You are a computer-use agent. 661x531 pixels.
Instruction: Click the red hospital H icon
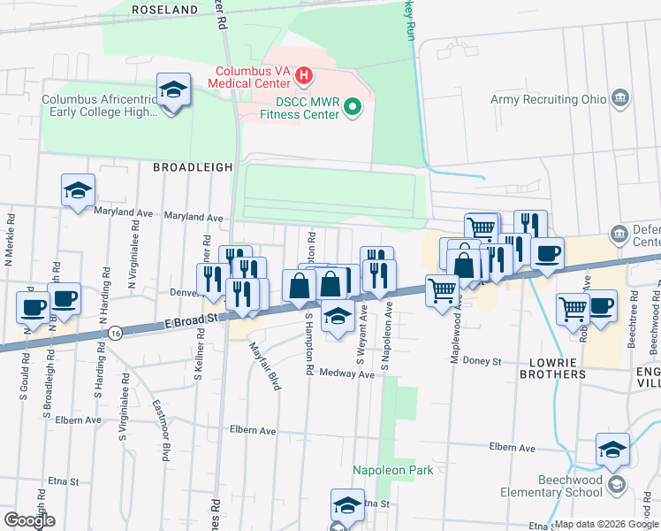click(x=303, y=75)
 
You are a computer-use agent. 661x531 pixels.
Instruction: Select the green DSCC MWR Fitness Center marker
click(x=352, y=108)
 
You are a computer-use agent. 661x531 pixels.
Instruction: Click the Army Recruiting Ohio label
click(x=549, y=99)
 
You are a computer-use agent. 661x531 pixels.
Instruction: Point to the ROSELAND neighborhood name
click(x=164, y=9)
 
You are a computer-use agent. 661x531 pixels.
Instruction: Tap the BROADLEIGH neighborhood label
click(x=193, y=166)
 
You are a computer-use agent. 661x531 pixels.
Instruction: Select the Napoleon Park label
click(x=393, y=470)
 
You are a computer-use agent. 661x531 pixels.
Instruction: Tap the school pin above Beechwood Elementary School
click(x=612, y=449)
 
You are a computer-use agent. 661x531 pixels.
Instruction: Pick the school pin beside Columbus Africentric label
click(x=173, y=89)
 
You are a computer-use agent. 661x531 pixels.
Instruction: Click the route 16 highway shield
click(x=117, y=332)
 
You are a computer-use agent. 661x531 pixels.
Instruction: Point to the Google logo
click(x=28, y=520)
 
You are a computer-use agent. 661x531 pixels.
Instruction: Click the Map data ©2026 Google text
click(x=605, y=524)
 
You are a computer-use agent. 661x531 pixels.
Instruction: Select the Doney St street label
click(x=482, y=362)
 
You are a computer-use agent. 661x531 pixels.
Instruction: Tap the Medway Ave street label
click(x=346, y=374)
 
